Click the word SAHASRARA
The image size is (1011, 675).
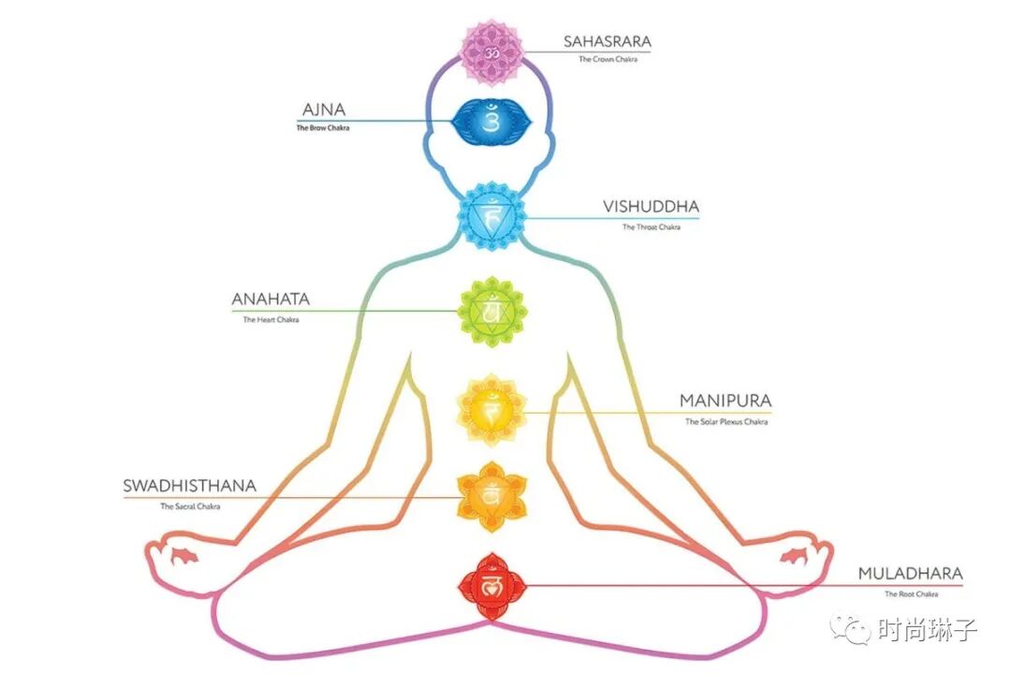(607, 41)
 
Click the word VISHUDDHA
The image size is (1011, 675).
(651, 207)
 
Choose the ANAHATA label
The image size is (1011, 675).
(271, 300)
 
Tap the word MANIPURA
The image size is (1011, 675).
(725, 401)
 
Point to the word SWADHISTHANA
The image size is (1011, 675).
(189, 486)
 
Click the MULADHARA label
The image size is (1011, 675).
(910, 574)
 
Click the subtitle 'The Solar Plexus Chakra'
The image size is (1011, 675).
(725, 421)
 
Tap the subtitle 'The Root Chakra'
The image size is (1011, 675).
(910, 594)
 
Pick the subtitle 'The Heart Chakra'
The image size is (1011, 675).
(271, 319)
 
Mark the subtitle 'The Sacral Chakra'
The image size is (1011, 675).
(189, 506)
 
